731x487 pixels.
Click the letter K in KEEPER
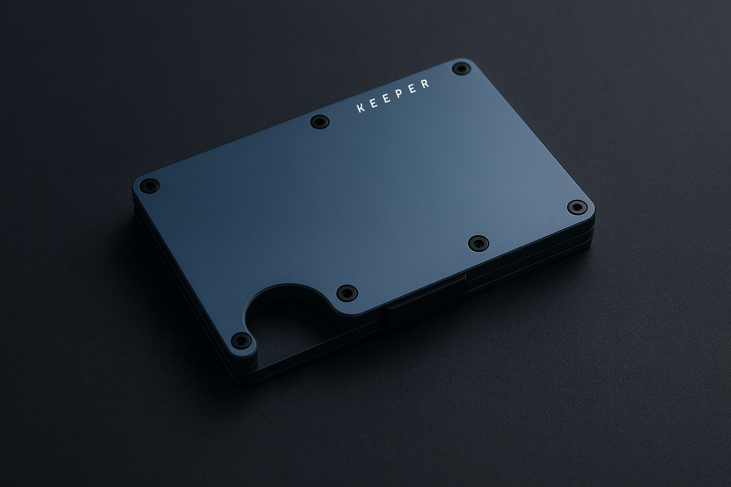361,108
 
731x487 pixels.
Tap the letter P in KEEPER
399,94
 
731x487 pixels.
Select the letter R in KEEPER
425,84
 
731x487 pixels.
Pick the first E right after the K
374,103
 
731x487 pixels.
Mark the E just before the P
386,99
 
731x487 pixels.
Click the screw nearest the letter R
461,68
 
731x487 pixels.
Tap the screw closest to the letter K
319,122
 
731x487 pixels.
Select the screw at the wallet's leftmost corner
149,186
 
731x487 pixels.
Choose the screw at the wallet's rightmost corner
577,207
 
